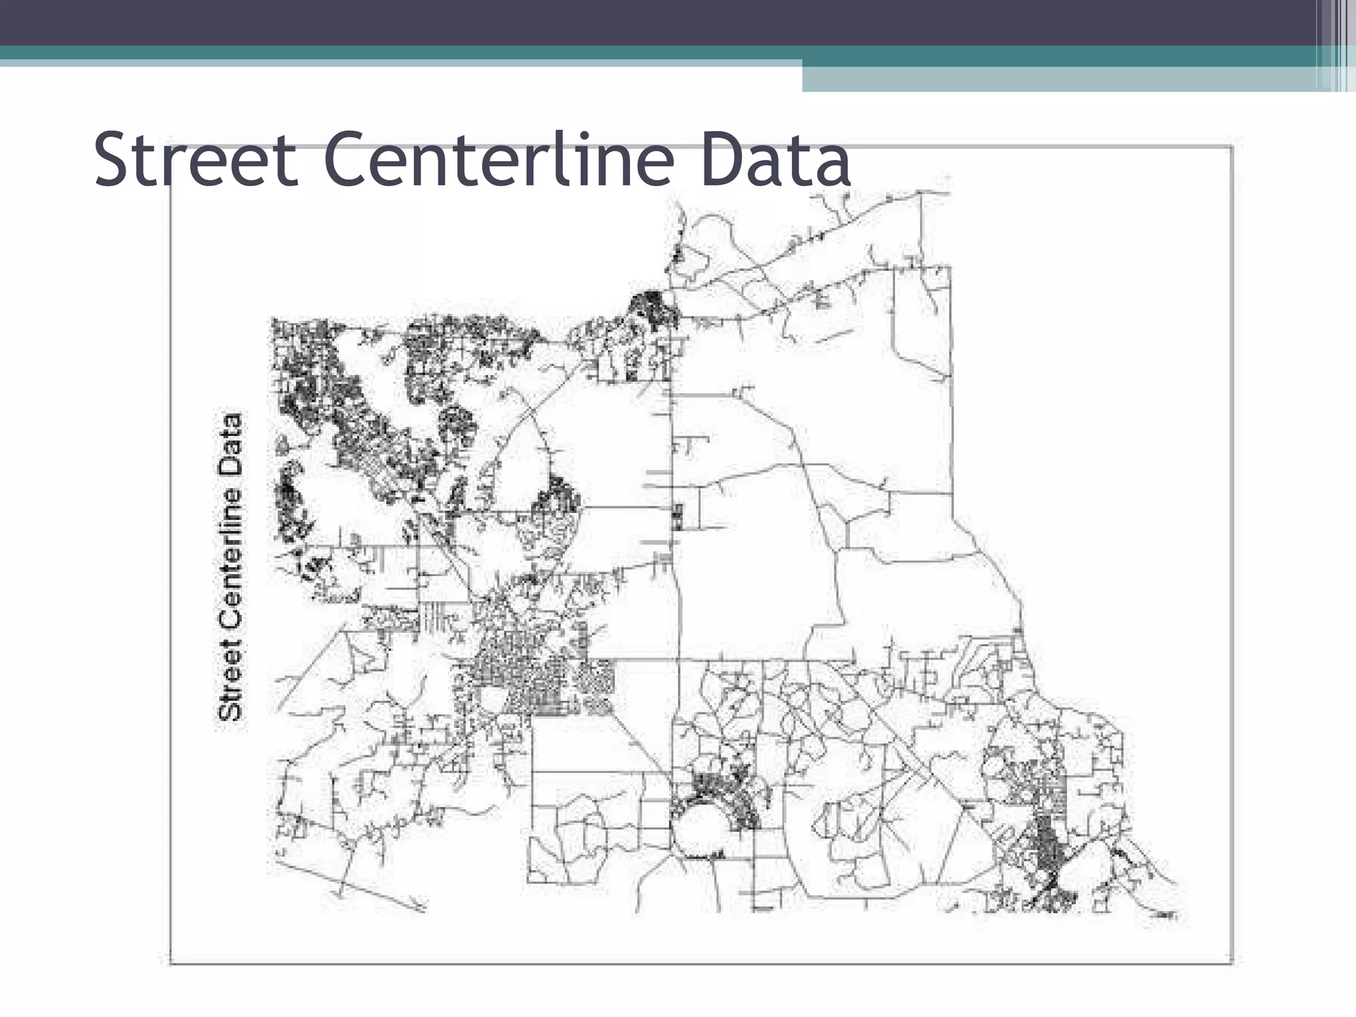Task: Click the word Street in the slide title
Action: click(x=196, y=160)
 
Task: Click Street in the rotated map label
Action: click(x=230, y=681)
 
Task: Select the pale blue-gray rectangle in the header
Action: click(x=1059, y=79)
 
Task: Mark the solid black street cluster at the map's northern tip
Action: click(x=653, y=308)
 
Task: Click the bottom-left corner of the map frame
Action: click(x=171, y=963)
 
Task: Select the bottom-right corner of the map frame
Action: click(x=1232, y=963)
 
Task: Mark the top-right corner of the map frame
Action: click(x=1232, y=147)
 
